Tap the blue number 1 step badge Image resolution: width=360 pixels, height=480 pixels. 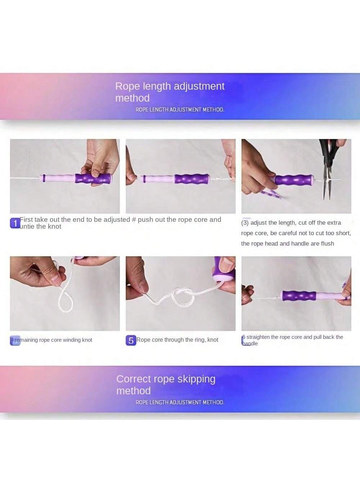15,223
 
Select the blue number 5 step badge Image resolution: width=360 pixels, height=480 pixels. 131,340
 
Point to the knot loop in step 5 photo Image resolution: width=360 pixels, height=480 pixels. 184,298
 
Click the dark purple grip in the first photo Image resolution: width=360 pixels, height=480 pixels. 93,179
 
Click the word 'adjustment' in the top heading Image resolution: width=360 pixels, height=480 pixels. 199,86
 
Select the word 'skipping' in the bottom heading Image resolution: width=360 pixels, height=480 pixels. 196,380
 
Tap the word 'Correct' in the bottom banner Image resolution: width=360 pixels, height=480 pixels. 134,379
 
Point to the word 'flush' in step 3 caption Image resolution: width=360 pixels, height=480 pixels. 327,244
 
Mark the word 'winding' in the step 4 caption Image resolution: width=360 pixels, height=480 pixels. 72,340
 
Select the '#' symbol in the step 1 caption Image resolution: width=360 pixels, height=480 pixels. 134,220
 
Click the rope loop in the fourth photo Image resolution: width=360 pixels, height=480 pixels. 66,300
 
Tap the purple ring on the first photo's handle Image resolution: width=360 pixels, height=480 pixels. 44,178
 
